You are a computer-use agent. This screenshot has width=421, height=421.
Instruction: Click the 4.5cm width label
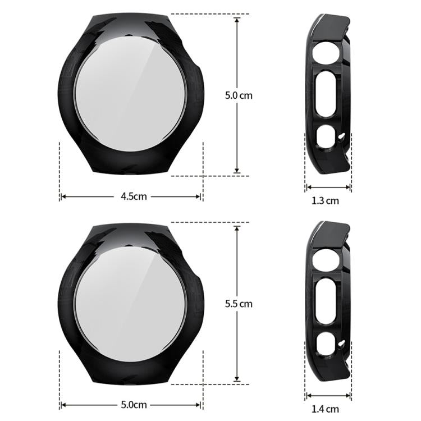133,196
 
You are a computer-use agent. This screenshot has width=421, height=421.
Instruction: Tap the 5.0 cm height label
239,95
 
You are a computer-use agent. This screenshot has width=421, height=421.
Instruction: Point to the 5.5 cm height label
239,304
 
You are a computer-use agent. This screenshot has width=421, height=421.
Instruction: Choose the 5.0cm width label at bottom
133,404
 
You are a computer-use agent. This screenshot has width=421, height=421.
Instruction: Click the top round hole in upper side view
328,57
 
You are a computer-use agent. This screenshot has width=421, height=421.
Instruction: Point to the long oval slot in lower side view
327,302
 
